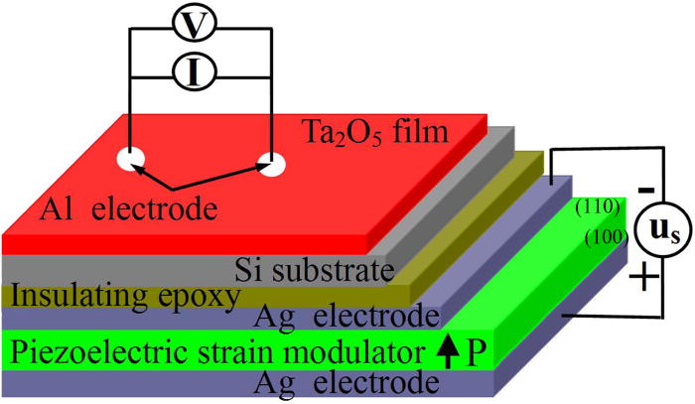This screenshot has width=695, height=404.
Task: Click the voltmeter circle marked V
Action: [x=199, y=27]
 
